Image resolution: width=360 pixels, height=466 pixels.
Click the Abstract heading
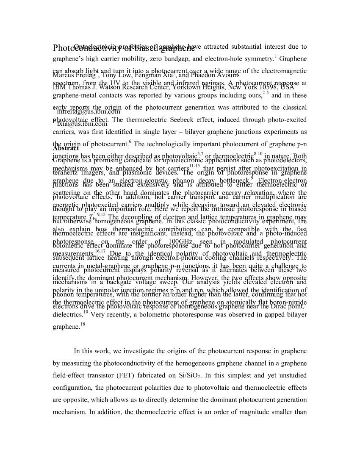click(x=66, y=148)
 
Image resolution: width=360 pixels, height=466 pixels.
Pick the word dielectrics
click(x=67, y=315)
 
